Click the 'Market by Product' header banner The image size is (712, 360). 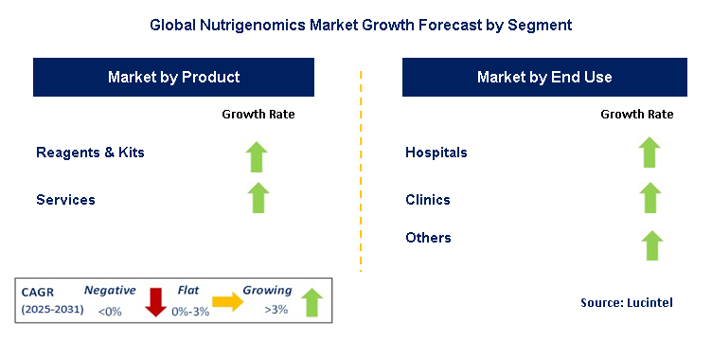click(x=173, y=77)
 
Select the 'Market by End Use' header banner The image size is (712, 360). click(x=543, y=77)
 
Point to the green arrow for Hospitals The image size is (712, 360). click(x=649, y=152)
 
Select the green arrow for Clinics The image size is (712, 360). click(x=649, y=197)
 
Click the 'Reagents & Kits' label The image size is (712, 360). click(x=90, y=153)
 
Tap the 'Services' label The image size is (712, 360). click(x=65, y=200)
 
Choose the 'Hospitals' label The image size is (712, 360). click(x=436, y=153)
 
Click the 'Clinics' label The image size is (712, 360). click(x=428, y=200)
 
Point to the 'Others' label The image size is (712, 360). click(x=428, y=238)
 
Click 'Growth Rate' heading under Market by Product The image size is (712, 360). click(x=258, y=115)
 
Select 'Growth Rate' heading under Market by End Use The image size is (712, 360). click(x=637, y=115)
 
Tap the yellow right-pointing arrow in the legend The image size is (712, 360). click(x=228, y=302)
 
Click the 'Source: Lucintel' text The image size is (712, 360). click(x=626, y=302)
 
